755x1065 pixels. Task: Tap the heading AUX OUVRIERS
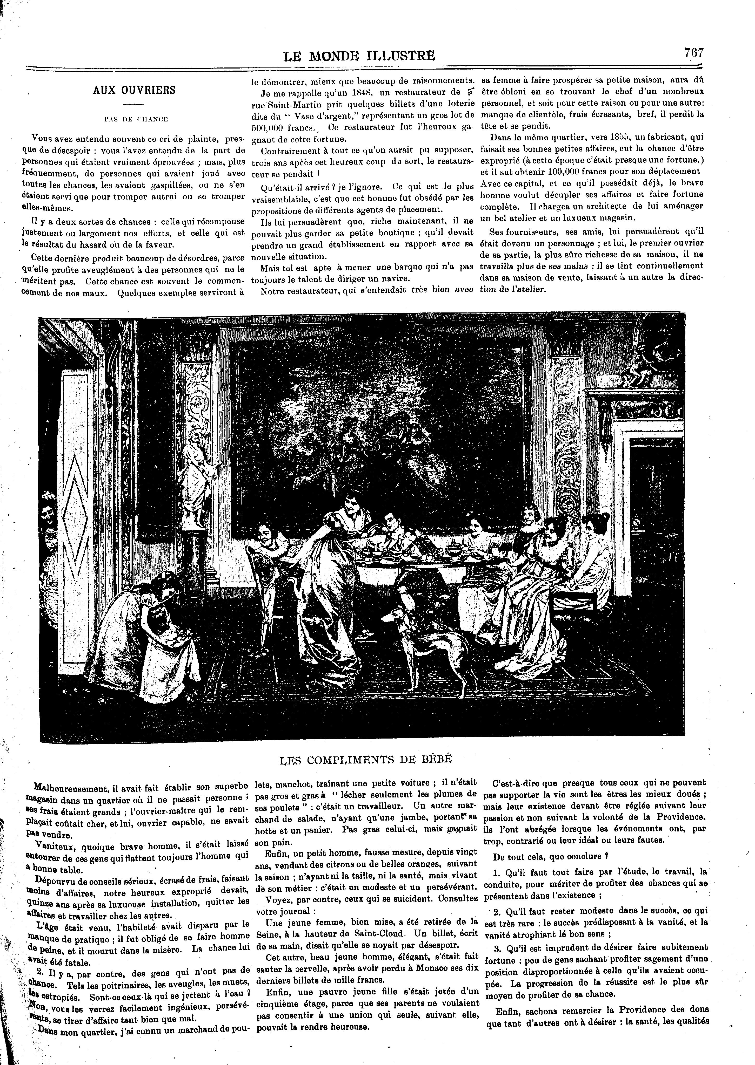point(134,90)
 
